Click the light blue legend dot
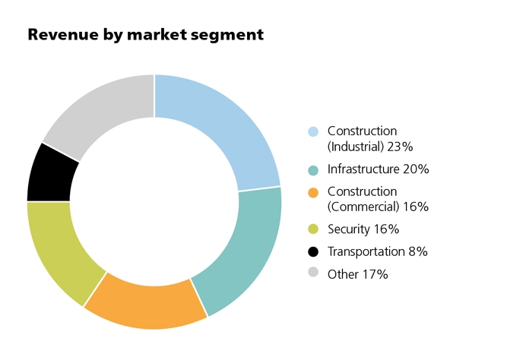(313, 131)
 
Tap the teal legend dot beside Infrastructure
(313, 169)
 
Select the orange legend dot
(313, 191)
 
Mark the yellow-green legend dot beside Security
(313, 229)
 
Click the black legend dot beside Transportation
(313, 251)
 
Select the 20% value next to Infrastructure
(416, 169)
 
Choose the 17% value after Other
(375, 274)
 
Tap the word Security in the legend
(350, 229)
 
